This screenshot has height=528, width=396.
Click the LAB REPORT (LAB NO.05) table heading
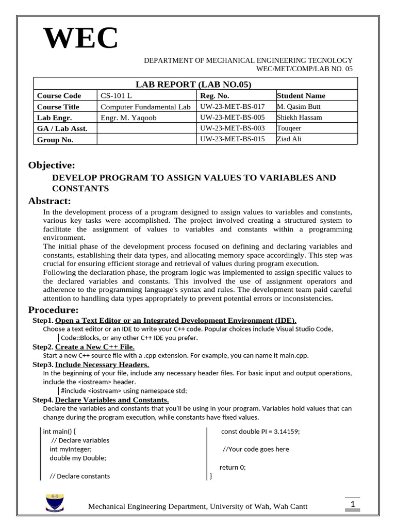pyautogui.click(x=193, y=85)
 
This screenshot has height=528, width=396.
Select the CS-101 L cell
pyautogui.click(x=116, y=96)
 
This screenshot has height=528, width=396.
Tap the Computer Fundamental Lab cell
pyautogui.click(x=145, y=107)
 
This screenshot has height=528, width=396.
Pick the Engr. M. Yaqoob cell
pyautogui.click(x=128, y=118)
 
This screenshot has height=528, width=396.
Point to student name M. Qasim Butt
pyautogui.click(x=299, y=107)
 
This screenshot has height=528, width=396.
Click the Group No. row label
pyautogui.click(x=55, y=140)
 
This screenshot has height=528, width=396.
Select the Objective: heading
pyautogui.click(x=52, y=165)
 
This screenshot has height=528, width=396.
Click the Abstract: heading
pyautogui.click(x=49, y=201)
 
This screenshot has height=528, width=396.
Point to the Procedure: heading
pyautogui.click(x=53, y=310)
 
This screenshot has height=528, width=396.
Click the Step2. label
pyautogui.click(x=43, y=347)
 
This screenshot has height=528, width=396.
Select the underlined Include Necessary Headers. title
pyautogui.click(x=102, y=365)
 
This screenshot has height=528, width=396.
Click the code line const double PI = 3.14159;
pyautogui.click(x=260, y=432)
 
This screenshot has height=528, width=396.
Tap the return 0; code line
pyautogui.click(x=233, y=467)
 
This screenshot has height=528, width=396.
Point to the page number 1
pyautogui.click(x=352, y=504)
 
